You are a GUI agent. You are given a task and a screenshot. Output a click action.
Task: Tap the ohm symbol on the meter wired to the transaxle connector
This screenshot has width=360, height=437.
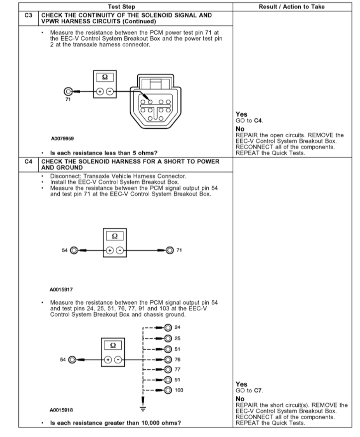pos(105,78)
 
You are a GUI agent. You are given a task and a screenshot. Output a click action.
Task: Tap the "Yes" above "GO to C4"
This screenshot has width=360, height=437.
pos(241,114)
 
